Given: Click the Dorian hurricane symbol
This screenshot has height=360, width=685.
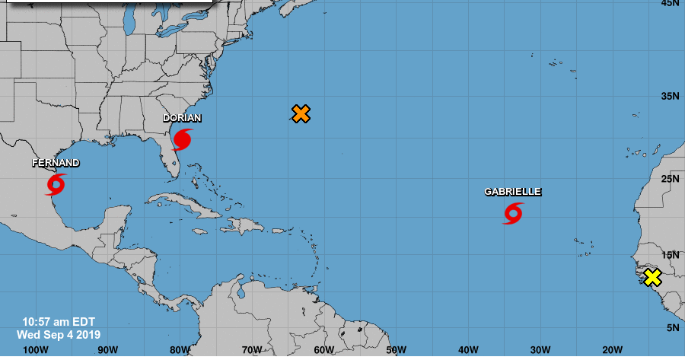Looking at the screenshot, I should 183,139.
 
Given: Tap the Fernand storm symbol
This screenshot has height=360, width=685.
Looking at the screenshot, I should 56,183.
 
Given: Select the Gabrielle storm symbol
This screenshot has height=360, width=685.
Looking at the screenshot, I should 513,213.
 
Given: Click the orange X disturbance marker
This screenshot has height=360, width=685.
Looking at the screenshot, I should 301,114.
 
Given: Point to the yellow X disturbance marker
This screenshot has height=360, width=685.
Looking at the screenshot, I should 652,278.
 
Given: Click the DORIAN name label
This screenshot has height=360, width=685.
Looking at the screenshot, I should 183,118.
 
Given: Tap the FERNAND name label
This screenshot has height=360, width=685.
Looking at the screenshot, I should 56,163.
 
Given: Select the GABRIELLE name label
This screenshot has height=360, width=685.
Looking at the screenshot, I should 513,192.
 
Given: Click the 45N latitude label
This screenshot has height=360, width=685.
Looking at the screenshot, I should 670,4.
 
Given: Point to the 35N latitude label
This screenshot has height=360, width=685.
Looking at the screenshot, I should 670,97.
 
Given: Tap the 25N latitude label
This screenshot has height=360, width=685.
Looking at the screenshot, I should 670,179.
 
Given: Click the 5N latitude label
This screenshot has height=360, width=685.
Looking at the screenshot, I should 673,328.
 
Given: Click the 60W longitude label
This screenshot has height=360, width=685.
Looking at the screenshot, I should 323,349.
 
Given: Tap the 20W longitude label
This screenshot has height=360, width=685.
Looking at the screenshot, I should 612,349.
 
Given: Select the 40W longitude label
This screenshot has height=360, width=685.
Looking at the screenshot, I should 468,349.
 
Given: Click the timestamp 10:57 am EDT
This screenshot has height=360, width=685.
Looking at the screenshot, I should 59,322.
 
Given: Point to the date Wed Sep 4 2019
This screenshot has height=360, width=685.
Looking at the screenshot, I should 59,334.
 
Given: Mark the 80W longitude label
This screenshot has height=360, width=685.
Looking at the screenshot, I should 180,349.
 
